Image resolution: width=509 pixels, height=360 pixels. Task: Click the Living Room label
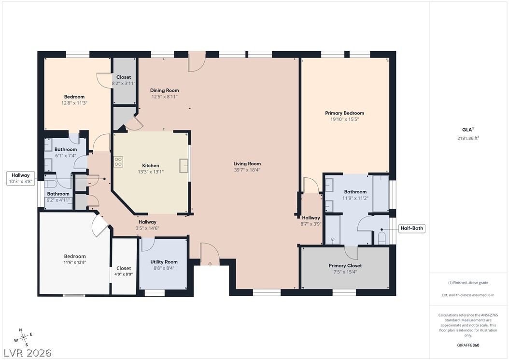tap(247, 164)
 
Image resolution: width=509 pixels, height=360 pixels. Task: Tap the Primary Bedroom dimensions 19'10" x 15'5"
tap(344, 119)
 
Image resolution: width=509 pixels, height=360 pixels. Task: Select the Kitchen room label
tap(151, 165)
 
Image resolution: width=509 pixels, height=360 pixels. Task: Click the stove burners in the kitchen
tap(118, 162)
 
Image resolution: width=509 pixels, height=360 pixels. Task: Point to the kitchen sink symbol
tap(184, 166)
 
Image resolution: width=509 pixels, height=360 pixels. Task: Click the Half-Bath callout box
tap(411, 228)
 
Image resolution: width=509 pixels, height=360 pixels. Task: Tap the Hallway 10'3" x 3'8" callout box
tap(20, 178)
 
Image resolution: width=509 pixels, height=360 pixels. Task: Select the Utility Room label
tap(164, 262)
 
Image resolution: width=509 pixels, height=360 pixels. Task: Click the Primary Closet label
tap(345, 265)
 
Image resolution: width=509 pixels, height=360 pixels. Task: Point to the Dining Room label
tap(164, 90)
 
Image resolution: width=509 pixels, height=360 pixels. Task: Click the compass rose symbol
tap(23, 338)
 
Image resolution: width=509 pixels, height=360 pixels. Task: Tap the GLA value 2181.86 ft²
tap(468, 138)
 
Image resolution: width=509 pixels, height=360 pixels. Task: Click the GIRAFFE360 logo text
tap(468, 345)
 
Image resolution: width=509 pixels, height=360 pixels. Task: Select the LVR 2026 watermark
tap(28, 353)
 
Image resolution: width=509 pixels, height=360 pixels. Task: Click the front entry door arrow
tap(210, 264)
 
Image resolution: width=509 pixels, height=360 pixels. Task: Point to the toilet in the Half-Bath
tap(382, 238)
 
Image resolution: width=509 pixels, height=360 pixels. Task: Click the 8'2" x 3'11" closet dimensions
tap(123, 84)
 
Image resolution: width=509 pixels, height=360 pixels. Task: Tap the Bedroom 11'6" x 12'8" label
tap(75, 259)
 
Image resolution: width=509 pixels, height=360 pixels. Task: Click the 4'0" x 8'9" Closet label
tap(124, 271)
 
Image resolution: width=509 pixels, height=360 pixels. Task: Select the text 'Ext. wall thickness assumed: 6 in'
tap(468, 295)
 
